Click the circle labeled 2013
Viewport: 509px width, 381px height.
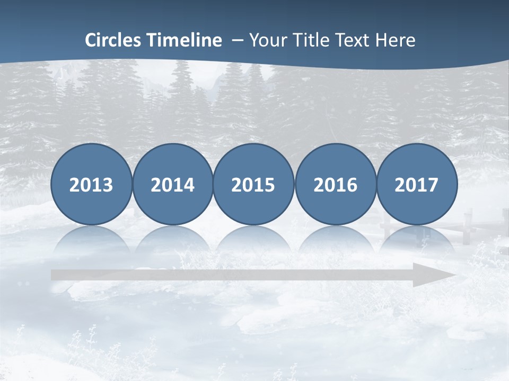91,185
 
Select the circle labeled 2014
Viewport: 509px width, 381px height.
172,185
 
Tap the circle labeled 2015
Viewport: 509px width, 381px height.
253,185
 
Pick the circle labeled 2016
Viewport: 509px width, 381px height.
335,185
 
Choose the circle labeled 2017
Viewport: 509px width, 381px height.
417,185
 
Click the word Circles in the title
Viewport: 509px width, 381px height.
113,40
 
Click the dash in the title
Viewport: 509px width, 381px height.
237,41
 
